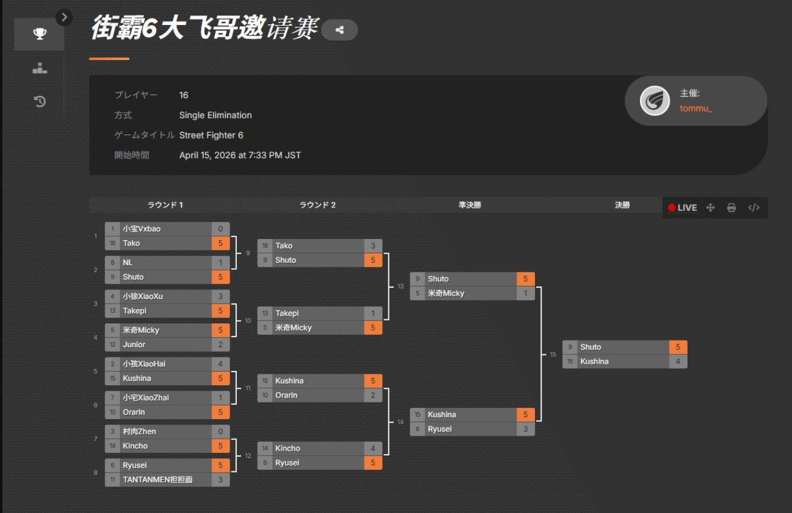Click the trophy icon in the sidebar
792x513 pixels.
pyautogui.click(x=39, y=34)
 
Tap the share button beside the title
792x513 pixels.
pyautogui.click(x=340, y=30)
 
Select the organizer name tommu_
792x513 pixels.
pyautogui.click(x=696, y=108)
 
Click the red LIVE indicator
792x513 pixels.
pyautogui.click(x=683, y=207)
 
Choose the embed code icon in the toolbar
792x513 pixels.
pyautogui.click(x=753, y=207)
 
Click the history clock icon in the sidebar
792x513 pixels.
pyautogui.click(x=39, y=102)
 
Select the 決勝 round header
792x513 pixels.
pyautogui.click(x=622, y=205)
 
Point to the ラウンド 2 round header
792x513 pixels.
pyautogui.click(x=317, y=205)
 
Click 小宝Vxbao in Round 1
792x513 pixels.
pyautogui.click(x=142, y=229)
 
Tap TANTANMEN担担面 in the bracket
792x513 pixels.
pyautogui.click(x=158, y=480)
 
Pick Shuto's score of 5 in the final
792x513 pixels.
pyautogui.click(x=677, y=347)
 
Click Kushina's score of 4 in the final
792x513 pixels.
pyautogui.click(x=677, y=361)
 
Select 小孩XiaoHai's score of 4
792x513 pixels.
pyautogui.click(x=220, y=364)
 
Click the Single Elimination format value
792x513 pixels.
pyautogui.click(x=216, y=115)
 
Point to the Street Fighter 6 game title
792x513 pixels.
pyautogui.click(x=211, y=136)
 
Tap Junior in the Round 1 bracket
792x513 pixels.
pyautogui.click(x=134, y=345)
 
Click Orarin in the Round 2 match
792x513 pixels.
pyautogui.click(x=286, y=395)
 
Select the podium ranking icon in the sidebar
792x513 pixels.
pyautogui.click(x=39, y=68)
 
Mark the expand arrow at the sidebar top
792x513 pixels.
pyautogui.click(x=64, y=18)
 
